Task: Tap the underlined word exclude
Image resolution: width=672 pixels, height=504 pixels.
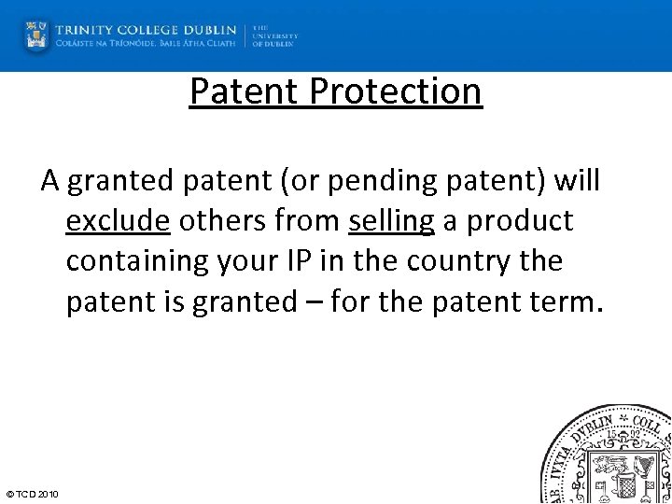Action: coord(118,221)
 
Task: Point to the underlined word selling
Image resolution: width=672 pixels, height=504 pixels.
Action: coord(392,221)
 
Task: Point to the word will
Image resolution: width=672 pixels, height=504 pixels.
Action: coord(577,181)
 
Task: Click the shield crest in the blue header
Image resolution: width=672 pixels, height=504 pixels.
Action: coord(36,35)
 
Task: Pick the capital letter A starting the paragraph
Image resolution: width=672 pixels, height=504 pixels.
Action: coord(50,181)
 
